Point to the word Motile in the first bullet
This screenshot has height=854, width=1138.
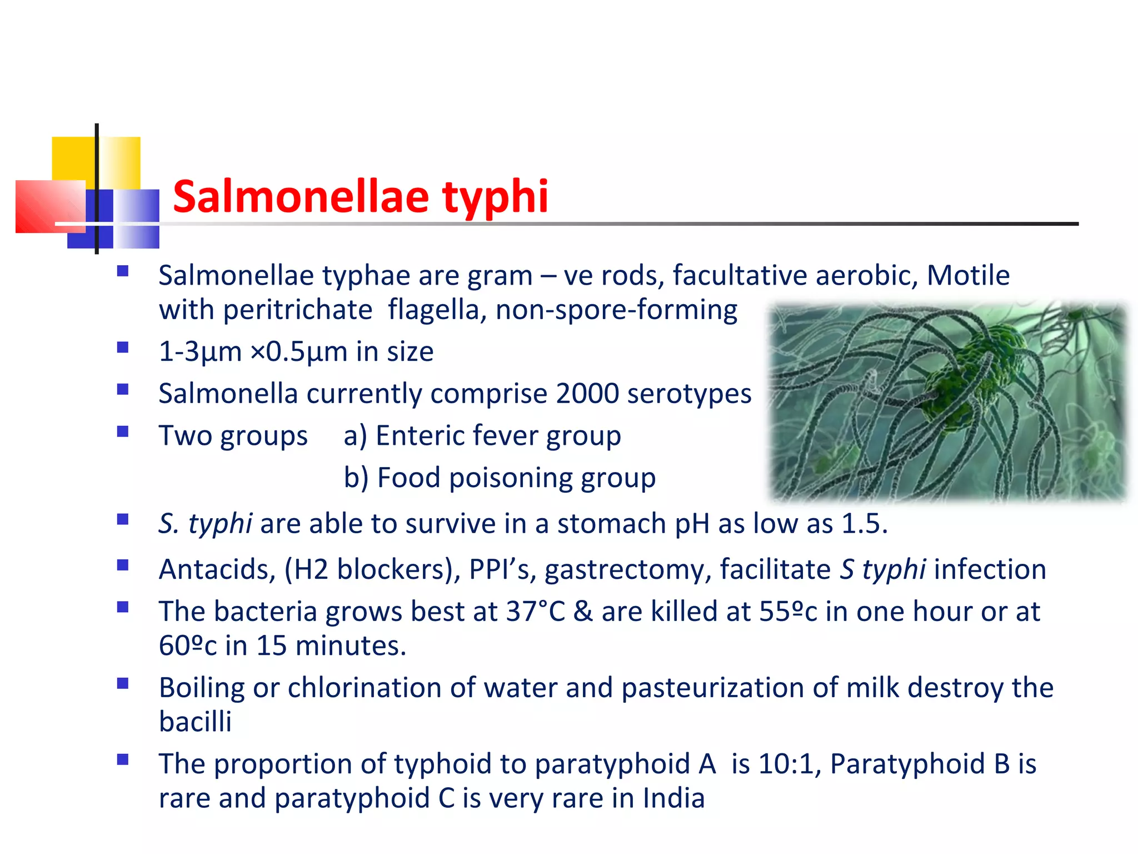tap(968, 275)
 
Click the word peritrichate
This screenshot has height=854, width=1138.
tap(297, 310)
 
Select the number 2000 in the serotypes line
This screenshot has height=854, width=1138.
tap(587, 394)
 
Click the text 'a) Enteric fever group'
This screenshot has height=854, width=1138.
tap(482, 435)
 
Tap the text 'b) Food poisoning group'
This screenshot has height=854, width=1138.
tap(500, 478)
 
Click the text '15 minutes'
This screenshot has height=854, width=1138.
tap(330, 646)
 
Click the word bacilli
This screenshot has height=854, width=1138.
tap(195, 722)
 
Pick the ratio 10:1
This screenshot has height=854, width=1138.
tap(789, 764)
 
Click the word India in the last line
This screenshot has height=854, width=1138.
tap(673, 798)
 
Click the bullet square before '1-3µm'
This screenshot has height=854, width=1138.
tap(123, 348)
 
